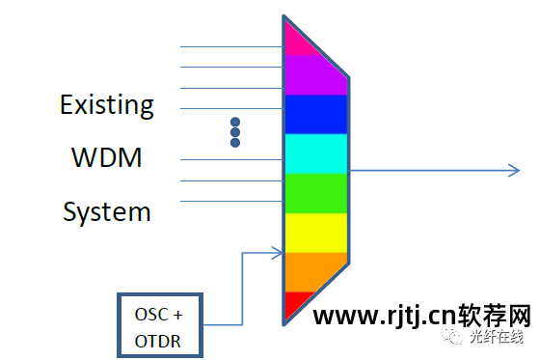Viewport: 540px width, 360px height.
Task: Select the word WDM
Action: click(107, 157)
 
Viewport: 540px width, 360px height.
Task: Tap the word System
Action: click(107, 211)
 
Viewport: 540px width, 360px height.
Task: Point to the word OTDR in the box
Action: click(158, 341)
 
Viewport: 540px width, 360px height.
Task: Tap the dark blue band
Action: click(315, 113)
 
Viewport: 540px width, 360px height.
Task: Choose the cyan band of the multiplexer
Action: click(315, 152)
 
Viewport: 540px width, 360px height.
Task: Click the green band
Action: click(315, 192)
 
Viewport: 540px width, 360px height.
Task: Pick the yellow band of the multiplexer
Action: click(315, 232)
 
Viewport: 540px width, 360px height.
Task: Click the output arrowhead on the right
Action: click(514, 171)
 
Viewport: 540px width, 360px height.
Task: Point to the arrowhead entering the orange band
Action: click(277, 254)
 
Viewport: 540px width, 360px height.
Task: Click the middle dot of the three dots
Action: click(234, 133)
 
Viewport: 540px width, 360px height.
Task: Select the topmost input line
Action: click(231, 46)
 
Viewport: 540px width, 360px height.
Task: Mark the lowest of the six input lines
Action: click(231, 201)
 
